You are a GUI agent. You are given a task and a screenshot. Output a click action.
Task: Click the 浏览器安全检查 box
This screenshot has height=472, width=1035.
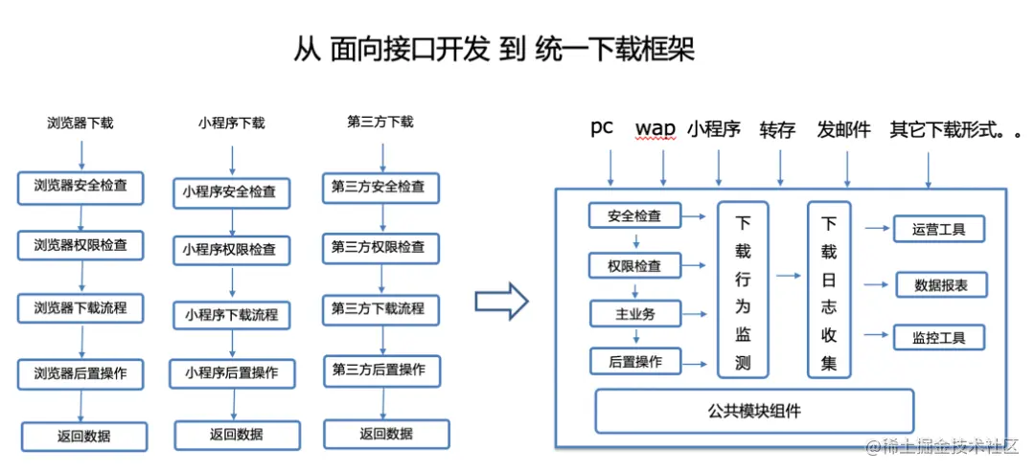tap(80, 187)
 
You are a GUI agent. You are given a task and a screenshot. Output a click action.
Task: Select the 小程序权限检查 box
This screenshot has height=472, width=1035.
tap(230, 249)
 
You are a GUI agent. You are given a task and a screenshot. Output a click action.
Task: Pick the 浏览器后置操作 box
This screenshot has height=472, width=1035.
tap(80, 373)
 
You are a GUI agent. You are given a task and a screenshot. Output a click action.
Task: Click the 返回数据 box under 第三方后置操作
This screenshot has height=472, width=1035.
tap(385, 434)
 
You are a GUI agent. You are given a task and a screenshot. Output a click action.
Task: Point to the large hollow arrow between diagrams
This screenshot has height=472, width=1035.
tap(502, 301)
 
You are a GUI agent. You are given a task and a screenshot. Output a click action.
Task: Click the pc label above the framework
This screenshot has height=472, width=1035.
tap(602, 128)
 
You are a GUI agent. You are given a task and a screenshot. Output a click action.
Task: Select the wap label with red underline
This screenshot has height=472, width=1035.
tap(655, 128)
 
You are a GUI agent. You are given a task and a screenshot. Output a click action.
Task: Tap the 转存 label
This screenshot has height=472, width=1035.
tap(777, 129)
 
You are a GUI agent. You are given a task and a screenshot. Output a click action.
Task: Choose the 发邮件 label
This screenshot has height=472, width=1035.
tap(843, 129)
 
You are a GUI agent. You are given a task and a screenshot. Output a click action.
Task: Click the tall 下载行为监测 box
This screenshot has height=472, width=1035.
tap(743, 290)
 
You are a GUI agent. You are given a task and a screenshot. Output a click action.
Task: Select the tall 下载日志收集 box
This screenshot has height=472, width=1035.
tap(829, 290)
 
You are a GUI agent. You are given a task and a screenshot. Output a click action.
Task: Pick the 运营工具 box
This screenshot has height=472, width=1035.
tap(939, 230)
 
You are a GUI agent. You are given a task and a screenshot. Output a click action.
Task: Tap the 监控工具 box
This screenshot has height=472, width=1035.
tap(939, 337)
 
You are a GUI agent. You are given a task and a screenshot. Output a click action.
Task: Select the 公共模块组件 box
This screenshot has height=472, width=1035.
tap(754, 411)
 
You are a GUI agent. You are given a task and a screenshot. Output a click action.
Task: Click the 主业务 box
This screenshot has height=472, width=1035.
tap(635, 313)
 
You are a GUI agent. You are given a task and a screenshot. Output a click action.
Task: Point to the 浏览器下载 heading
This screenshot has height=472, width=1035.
tap(80, 123)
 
